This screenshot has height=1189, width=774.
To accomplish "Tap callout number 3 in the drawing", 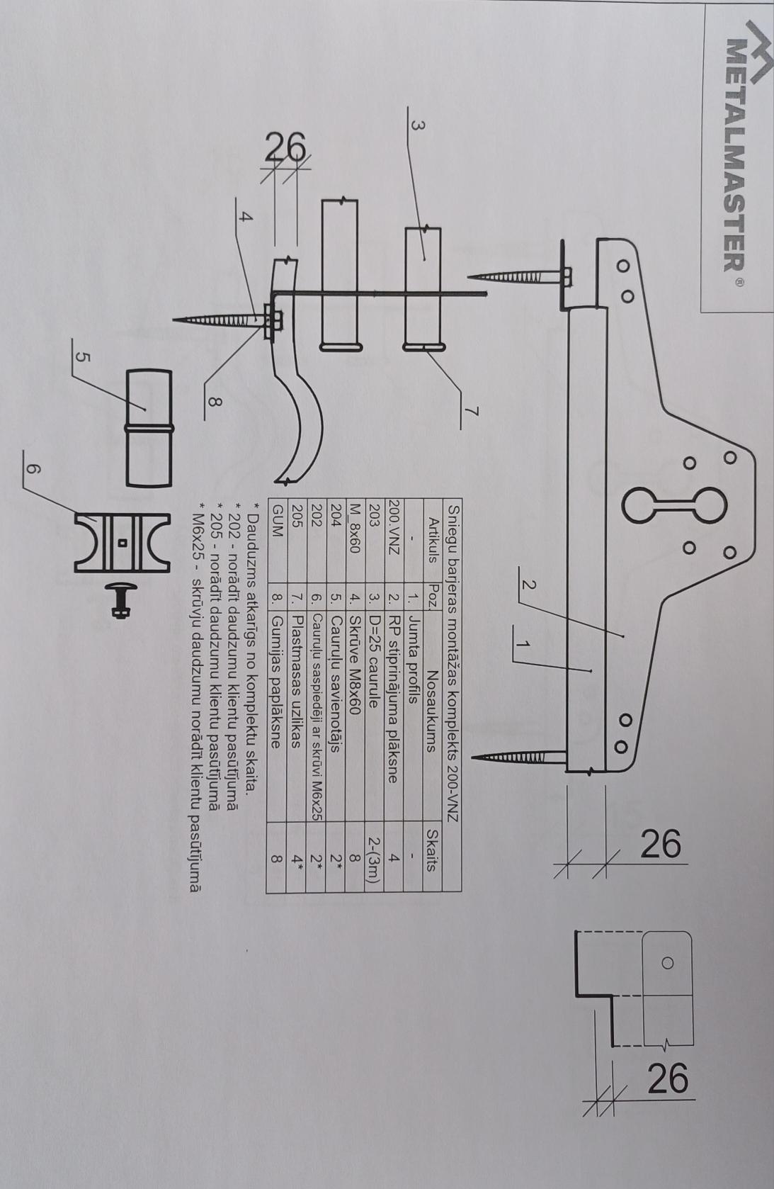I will point(418,126).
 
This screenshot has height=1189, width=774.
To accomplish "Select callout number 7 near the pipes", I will point(470,410).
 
